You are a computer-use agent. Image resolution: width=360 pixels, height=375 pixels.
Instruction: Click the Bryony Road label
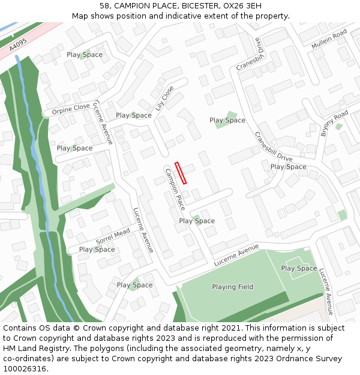(x=334, y=124)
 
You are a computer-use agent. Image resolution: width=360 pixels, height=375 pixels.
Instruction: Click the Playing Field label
(x=232, y=287)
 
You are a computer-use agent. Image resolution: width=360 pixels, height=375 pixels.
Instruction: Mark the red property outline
(x=181, y=173)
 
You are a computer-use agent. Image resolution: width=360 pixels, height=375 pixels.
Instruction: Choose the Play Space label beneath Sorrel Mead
(x=97, y=250)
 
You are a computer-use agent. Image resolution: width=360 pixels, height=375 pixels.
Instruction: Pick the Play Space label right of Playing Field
(x=299, y=268)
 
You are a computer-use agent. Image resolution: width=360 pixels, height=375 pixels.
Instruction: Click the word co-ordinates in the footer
(x=25, y=358)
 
